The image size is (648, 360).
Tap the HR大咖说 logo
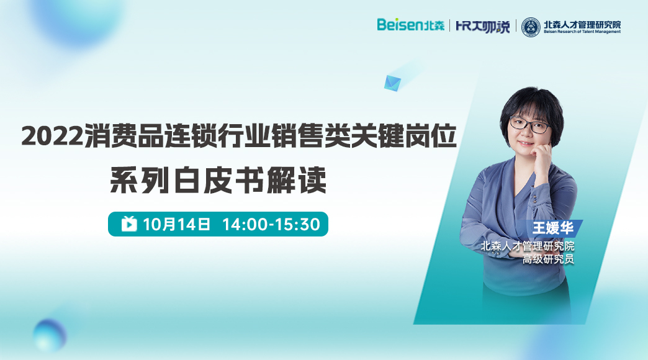coord(482,26)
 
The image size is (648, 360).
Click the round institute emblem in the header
coord(531,27)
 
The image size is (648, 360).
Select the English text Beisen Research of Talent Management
coord(582,32)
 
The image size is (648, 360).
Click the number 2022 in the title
coord(53,135)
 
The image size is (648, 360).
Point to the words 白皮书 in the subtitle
coord(218,180)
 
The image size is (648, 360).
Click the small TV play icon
coord(129,223)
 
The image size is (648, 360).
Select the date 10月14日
coord(177,224)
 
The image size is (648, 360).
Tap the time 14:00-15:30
coord(271,224)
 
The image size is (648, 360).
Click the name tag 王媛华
coord(552,228)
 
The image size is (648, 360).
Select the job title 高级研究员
coord(548,259)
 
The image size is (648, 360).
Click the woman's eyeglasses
coord(530,124)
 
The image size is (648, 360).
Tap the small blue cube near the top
coord(392,83)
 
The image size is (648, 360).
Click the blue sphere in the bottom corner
coord(50,335)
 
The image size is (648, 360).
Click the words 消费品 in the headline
coord(124,135)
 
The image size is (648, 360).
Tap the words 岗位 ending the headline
coord(430,135)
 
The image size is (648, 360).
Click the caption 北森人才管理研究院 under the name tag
coord(528,246)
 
